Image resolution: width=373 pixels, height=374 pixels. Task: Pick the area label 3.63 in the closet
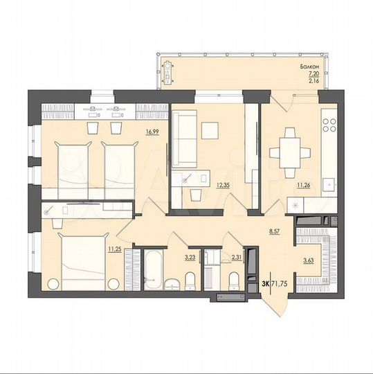pos(309,260)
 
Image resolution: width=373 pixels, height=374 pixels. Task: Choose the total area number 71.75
pos(284,285)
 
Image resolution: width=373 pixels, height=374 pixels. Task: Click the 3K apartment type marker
pos(266,285)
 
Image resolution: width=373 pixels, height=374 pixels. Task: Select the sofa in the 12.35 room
pos(183,136)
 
